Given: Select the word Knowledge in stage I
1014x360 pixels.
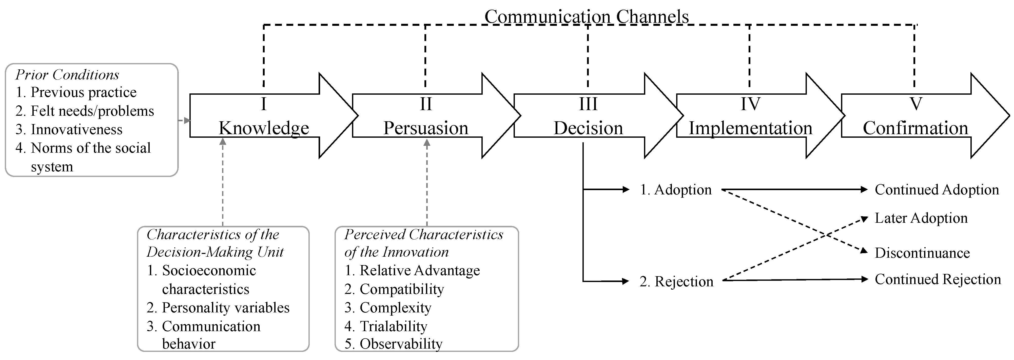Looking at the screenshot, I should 264,128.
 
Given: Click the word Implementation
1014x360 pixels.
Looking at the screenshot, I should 750,128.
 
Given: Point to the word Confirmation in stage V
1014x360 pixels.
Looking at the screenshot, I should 915,128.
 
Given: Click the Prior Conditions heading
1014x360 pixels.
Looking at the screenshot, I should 67,74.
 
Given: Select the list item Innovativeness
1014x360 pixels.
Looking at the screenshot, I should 76,129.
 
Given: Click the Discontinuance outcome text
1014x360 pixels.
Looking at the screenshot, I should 922,253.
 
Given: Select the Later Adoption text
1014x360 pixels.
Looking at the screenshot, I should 921,218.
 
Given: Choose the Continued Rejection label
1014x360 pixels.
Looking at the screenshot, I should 937,279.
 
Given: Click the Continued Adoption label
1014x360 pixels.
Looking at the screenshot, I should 937,190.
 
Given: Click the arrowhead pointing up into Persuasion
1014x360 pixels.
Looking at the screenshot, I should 427,143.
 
